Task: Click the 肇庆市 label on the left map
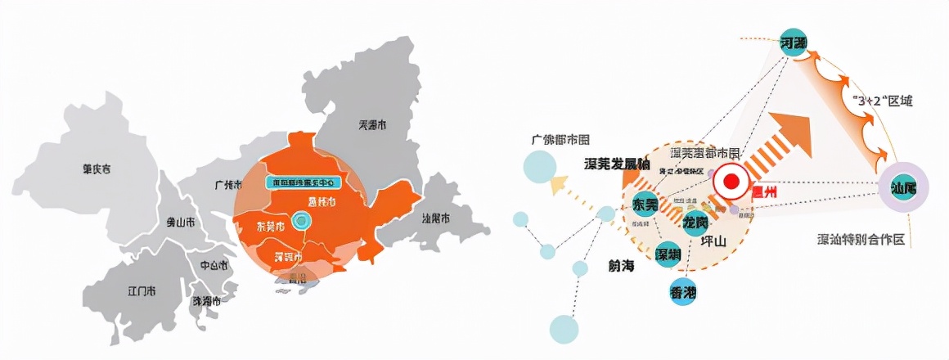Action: point(97,169)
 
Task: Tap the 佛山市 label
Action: point(181,222)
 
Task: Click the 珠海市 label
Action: point(206,301)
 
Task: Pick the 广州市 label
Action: point(225,185)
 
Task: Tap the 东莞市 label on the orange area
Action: point(271,226)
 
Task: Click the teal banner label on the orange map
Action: point(304,181)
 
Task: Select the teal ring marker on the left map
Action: point(303,220)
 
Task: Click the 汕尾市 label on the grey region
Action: point(437,218)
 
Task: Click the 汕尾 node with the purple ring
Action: point(903,187)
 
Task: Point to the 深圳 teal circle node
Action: point(668,255)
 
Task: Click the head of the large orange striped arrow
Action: point(797,136)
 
